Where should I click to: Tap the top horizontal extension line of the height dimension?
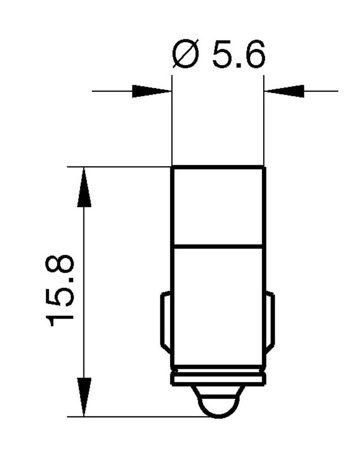pos(119,167)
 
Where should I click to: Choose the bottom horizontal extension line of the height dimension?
pos(138,417)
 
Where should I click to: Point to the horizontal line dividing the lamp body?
pos(218,246)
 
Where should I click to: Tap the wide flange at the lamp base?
pos(218,379)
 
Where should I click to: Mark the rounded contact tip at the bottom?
pos(218,404)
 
